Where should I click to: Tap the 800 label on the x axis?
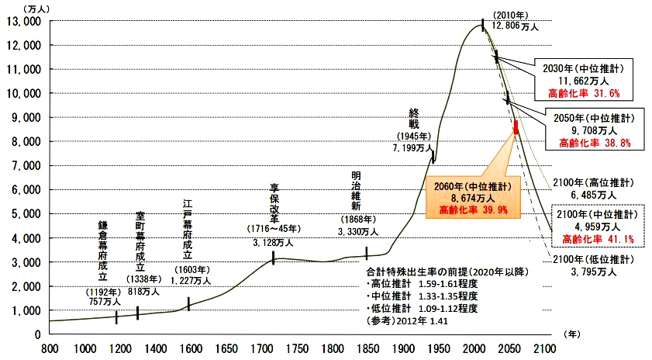click(51, 349)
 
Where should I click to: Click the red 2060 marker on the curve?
click(516, 127)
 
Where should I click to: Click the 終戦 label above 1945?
click(414, 117)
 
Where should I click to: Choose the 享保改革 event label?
click(274, 202)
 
